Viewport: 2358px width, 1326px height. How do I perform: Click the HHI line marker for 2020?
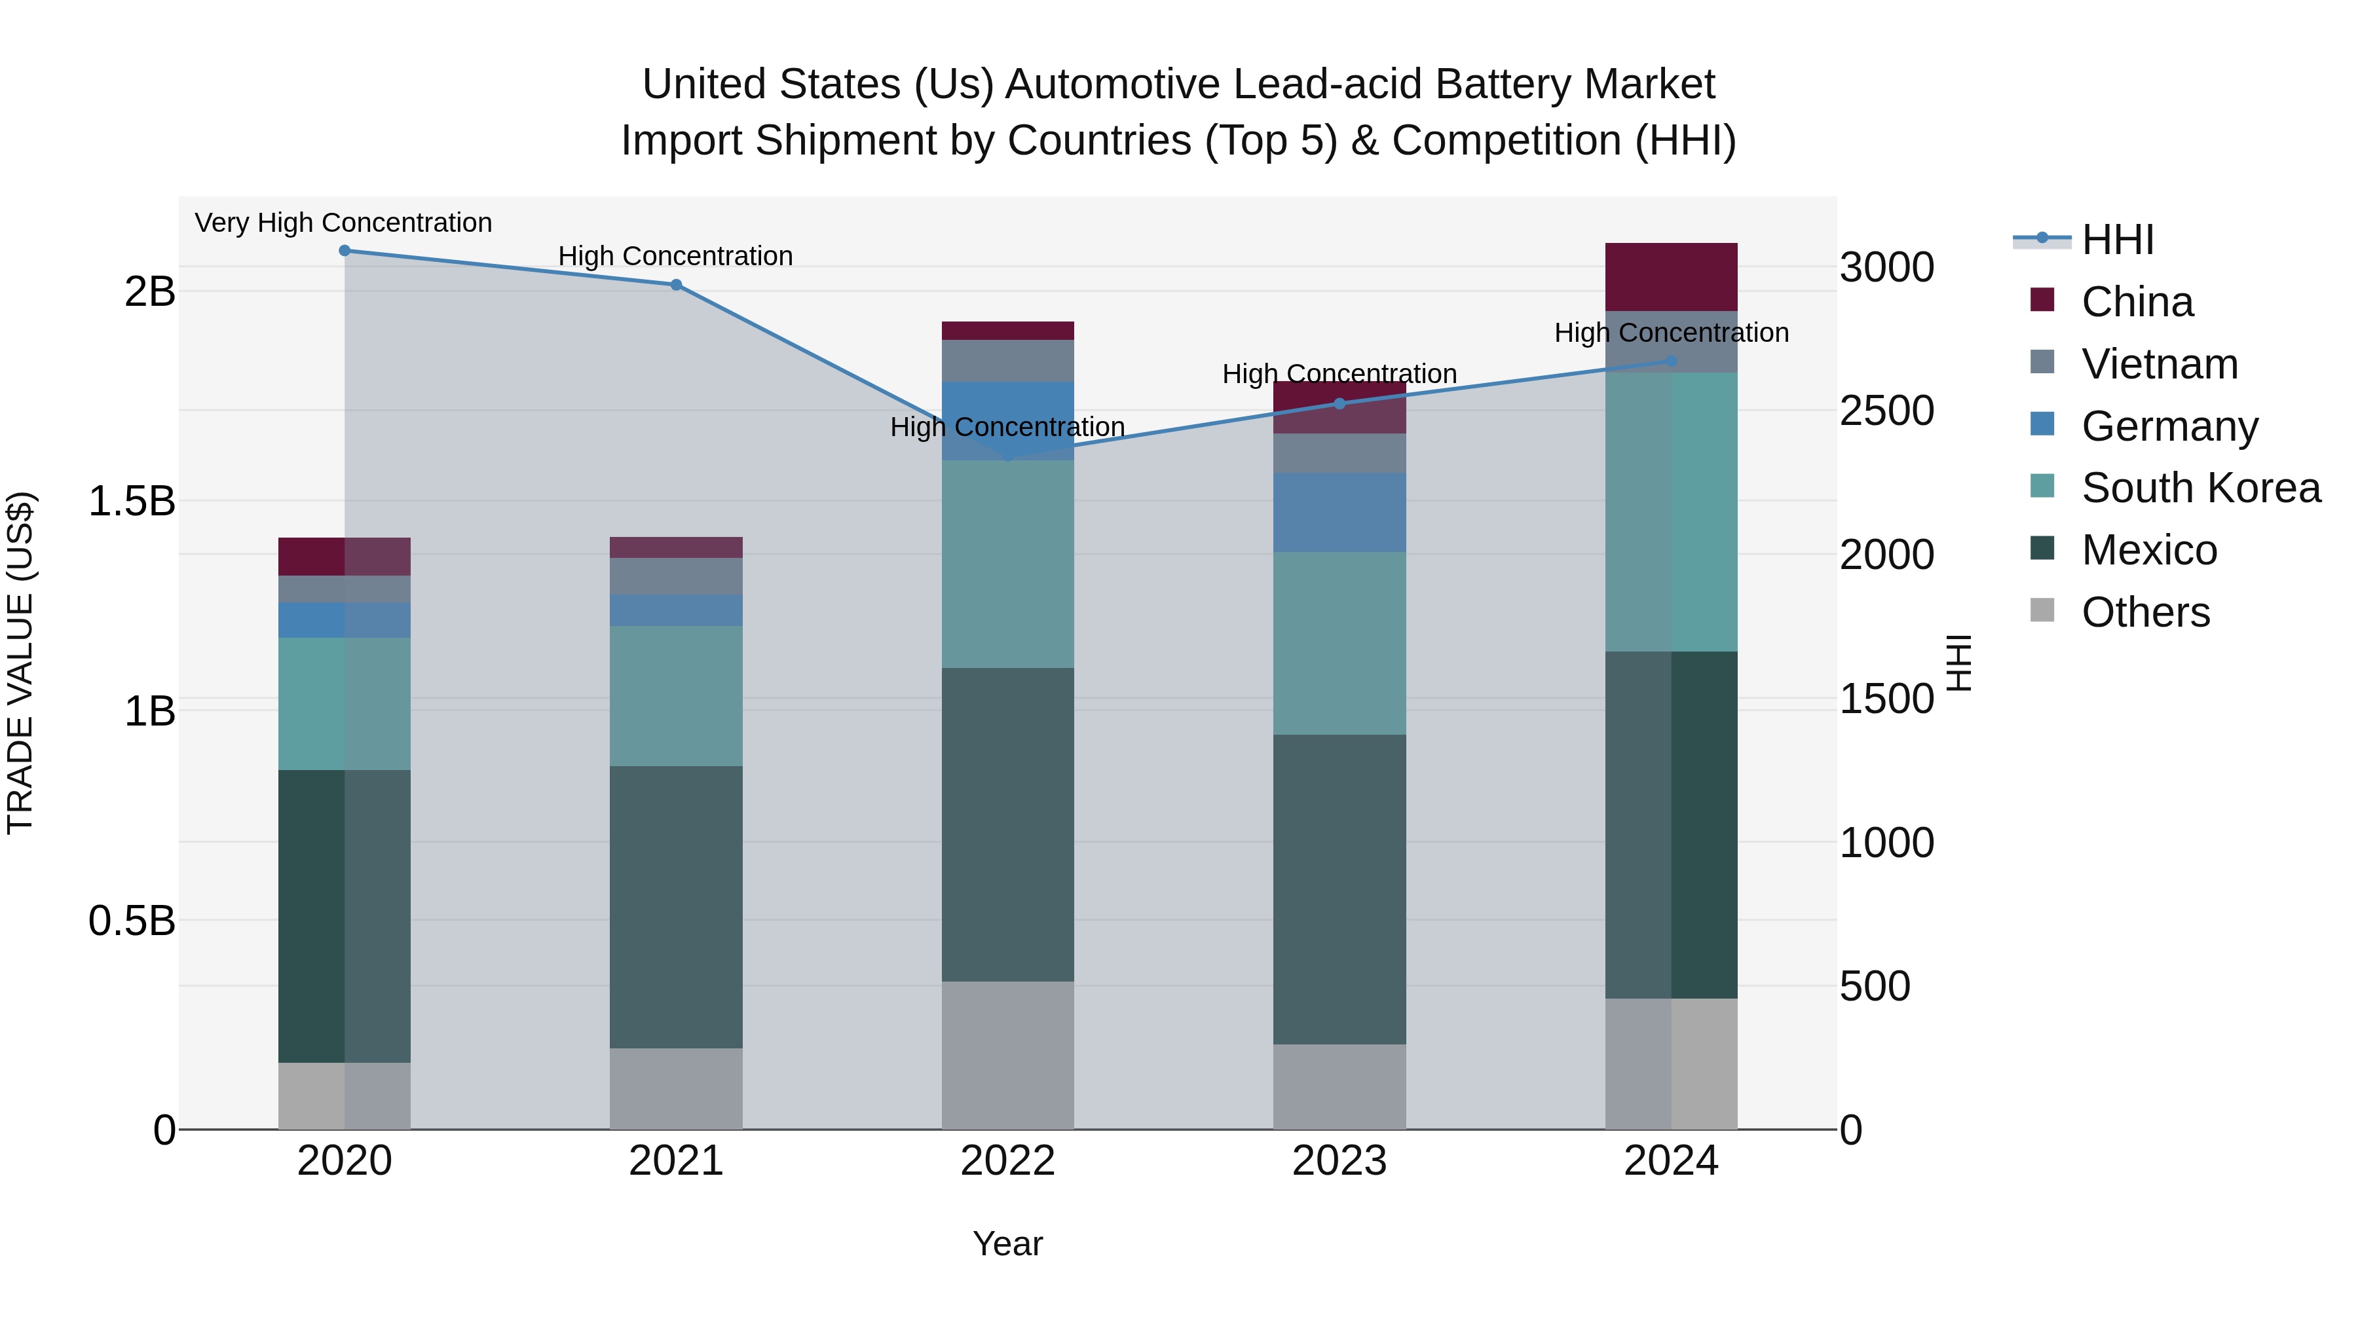click(x=344, y=251)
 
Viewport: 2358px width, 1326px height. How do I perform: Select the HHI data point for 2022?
click(x=1008, y=455)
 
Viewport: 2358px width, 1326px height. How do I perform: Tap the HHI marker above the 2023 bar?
click(x=1339, y=403)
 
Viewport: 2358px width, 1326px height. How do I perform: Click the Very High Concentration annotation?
click(x=343, y=223)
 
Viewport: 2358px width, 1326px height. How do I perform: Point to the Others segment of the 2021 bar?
click(x=675, y=1088)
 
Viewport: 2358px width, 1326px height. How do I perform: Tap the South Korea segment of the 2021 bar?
click(x=675, y=695)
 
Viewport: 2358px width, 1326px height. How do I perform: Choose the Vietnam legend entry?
click(x=2158, y=364)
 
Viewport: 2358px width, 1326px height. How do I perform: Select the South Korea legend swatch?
click(x=2042, y=487)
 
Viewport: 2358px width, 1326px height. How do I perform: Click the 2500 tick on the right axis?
click(x=1886, y=411)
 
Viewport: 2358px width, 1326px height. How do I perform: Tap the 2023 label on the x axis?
click(x=1339, y=1161)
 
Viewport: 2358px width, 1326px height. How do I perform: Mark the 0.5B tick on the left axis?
click(x=131, y=921)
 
